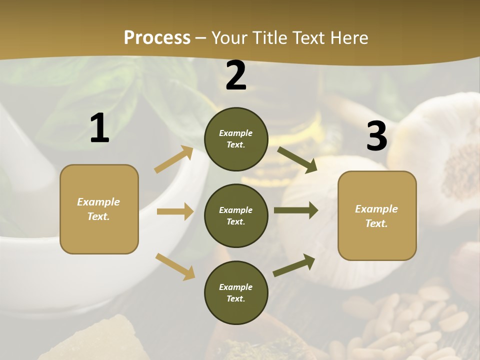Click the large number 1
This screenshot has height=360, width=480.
(99, 128)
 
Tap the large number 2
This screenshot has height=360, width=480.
(236, 75)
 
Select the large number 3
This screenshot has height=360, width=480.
(376, 136)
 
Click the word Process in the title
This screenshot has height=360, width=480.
(157, 37)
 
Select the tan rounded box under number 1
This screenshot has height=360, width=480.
(99, 209)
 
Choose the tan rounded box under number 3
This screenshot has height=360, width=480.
(377, 215)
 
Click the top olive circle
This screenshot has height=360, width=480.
(236, 139)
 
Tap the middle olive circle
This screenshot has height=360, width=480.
(236, 215)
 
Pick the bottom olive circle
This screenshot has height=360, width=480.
(236, 292)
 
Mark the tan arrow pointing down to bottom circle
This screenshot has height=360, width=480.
(175, 266)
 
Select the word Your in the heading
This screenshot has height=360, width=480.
(229, 37)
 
